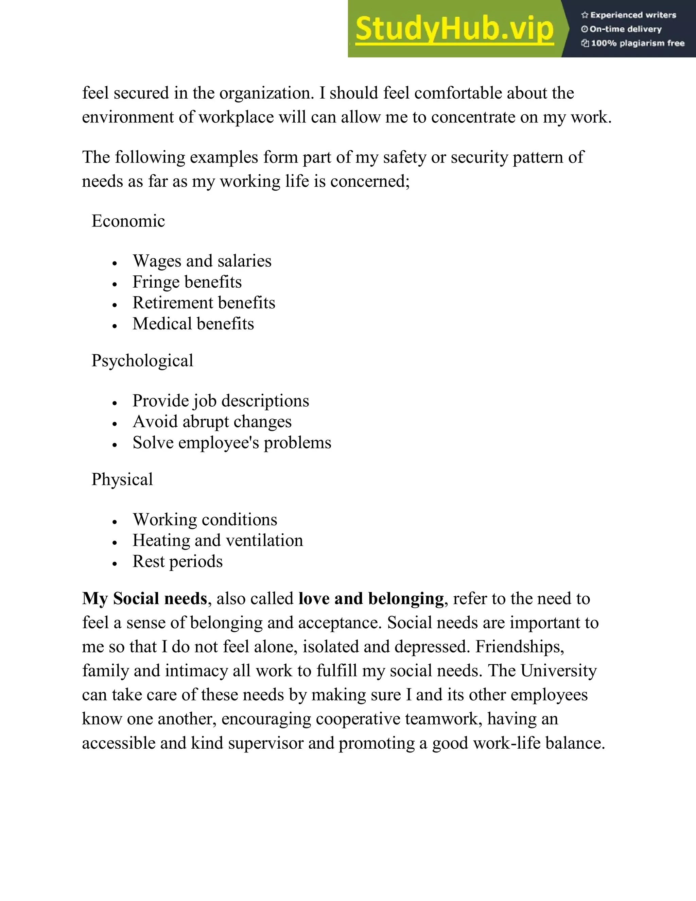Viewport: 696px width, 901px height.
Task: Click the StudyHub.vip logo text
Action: click(454, 29)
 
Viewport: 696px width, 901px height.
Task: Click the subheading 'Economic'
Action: click(128, 221)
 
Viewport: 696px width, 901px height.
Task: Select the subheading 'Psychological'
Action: click(142, 360)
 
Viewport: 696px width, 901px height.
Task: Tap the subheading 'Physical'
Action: click(122, 479)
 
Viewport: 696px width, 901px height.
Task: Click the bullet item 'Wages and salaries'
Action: click(202, 261)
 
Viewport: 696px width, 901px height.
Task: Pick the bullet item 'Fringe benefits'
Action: click(187, 282)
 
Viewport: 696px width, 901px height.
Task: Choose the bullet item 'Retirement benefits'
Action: click(204, 303)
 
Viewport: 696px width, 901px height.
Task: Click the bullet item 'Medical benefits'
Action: click(193, 324)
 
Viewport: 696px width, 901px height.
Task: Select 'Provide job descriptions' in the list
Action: click(221, 401)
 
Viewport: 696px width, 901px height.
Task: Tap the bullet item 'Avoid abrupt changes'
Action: click(212, 422)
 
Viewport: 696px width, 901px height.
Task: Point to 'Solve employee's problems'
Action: click(232, 443)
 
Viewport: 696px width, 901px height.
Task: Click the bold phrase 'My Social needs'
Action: click(144, 599)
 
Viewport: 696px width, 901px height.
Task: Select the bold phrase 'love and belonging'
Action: click(371, 599)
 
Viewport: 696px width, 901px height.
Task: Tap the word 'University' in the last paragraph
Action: click(558, 671)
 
